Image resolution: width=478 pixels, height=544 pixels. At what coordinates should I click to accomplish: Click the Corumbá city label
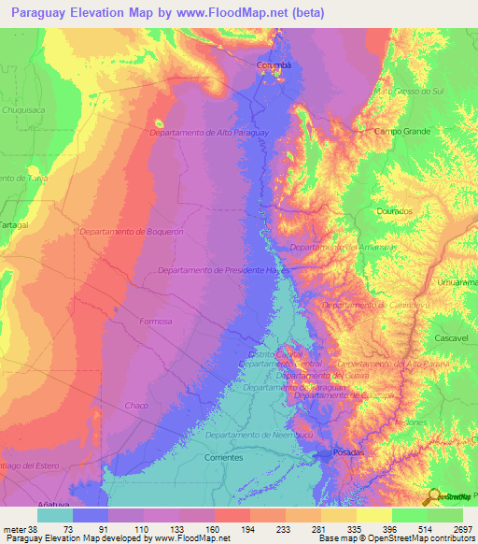(274, 65)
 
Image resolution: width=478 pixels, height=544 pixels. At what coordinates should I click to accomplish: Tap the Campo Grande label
(402, 132)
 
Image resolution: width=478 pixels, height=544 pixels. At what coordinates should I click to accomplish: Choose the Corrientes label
(223, 458)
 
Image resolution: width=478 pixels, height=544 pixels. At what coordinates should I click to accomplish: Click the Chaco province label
(136, 405)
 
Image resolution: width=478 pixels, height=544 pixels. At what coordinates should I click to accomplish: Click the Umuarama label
(457, 281)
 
